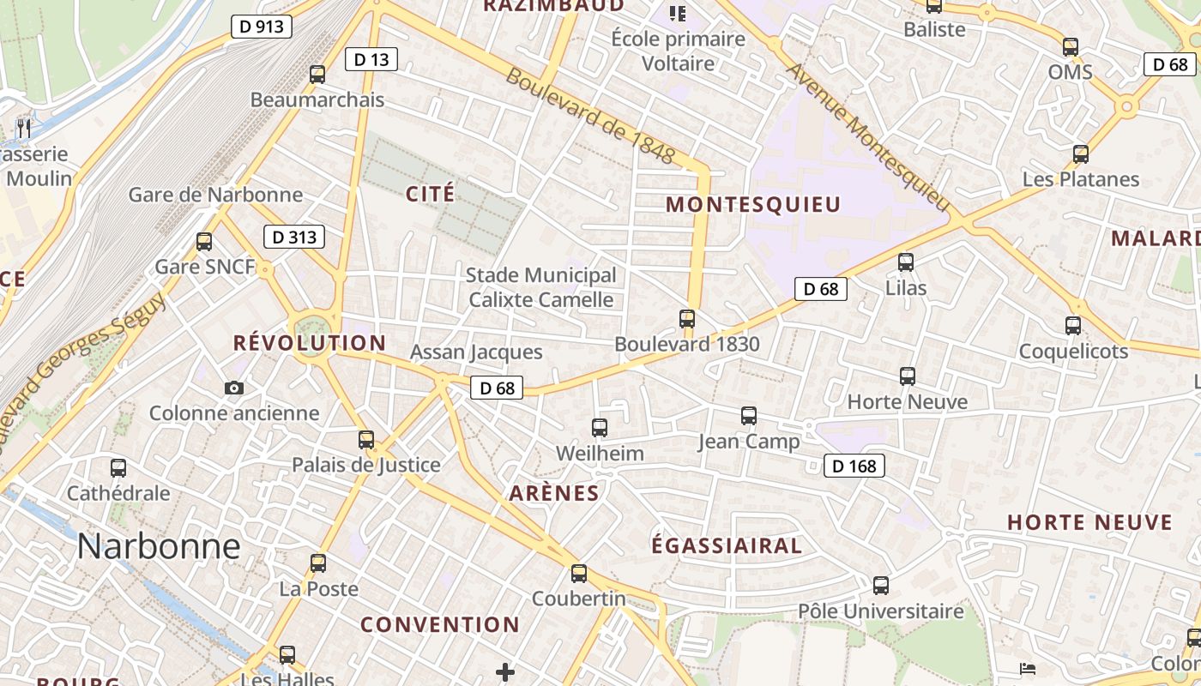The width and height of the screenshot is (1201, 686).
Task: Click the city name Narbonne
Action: click(x=159, y=546)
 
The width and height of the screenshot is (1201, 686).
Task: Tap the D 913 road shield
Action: click(x=262, y=27)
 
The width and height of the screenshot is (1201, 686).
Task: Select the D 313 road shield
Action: click(x=294, y=237)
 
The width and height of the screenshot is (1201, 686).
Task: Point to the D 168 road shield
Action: click(x=854, y=466)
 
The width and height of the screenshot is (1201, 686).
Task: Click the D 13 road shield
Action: click(x=371, y=59)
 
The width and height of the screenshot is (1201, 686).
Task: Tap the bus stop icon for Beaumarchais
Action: click(x=317, y=75)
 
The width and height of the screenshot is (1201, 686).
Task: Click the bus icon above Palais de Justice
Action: click(x=366, y=440)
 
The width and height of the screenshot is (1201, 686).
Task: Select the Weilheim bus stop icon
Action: click(x=600, y=427)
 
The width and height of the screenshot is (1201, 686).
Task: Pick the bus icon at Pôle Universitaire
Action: click(x=881, y=586)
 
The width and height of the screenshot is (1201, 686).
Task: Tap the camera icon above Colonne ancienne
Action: click(x=233, y=388)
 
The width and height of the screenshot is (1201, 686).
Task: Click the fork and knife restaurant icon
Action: click(x=24, y=129)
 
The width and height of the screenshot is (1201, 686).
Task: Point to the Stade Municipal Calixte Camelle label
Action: click(x=540, y=287)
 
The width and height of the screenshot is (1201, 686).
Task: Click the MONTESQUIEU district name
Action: click(x=753, y=204)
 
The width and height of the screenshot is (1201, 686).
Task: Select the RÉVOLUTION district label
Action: click(x=310, y=343)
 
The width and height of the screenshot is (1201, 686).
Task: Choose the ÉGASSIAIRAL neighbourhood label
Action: click(x=727, y=545)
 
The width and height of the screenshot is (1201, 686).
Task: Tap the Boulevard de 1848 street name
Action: click(x=591, y=116)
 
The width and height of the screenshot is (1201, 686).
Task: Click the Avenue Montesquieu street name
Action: click(x=869, y=138)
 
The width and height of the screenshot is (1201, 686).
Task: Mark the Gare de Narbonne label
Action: click(x=215, y=195)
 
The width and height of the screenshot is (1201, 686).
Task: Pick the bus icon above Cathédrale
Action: click(x=118, y=468)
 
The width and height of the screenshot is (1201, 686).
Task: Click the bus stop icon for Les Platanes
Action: click(x=1081, y=154)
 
